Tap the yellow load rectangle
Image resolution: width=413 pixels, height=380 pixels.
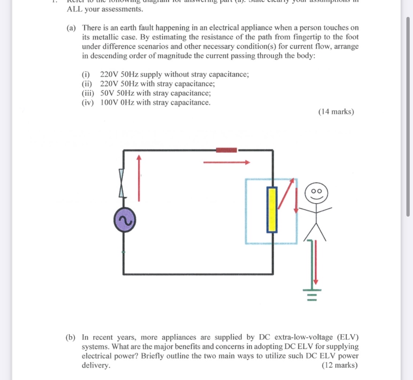tap(272, 210)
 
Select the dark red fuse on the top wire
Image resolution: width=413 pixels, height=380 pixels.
tap(227, 150)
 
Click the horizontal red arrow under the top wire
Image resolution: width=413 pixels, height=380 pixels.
tap(227, 162)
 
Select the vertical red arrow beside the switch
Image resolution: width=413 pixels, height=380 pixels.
tap(139, 178)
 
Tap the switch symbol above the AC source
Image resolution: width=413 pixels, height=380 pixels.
tap(122, 184)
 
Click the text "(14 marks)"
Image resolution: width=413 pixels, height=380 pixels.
tap(336, 112)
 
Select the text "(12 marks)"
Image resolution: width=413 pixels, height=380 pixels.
tap(340, 365)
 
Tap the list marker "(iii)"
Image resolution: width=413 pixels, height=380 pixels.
tap(88, 93)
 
